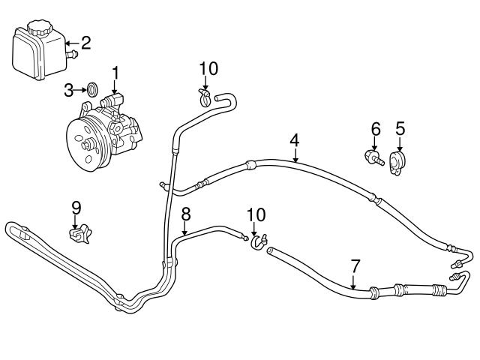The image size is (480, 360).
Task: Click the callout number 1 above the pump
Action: (116, 72)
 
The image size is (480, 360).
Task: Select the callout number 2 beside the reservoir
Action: (85, 42)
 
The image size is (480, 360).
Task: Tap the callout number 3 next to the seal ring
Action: (69, 91)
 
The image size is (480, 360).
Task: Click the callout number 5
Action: (400, 129)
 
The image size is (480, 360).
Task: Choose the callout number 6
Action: (376, 129)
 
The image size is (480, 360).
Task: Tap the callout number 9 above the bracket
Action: (76, 206)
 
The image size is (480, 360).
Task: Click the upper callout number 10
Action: (208, 69)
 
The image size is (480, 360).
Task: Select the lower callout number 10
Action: (256, 214)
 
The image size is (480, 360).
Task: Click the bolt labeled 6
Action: (371, 158)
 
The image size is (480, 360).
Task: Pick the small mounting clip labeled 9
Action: (78, 235)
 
